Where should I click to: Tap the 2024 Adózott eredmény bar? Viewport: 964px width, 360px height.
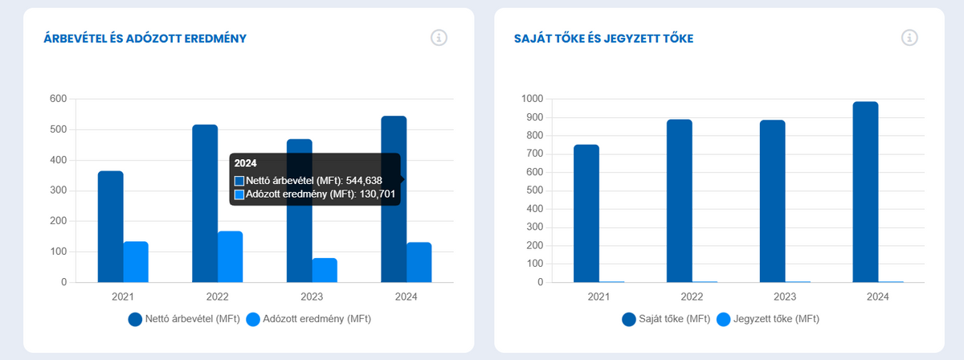(x=419, y=262)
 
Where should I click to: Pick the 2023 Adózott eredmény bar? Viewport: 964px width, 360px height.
(x=325, y=270)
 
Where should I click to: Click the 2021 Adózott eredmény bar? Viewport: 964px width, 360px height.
(x=136, y=262)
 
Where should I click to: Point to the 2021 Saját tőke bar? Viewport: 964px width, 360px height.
(x=586, y=213)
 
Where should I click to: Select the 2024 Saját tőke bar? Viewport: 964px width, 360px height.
(x=865, y=192)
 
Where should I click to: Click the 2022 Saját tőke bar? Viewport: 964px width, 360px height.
(x=679, y=201)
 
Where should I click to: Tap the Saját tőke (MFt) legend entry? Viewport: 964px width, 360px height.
(x=666, y=319)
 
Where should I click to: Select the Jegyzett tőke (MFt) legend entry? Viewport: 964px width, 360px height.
(x=767, y=319)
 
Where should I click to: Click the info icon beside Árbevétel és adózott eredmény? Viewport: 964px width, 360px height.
(x=439, y=38)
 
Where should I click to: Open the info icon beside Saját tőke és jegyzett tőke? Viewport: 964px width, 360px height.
(x=909, y=38)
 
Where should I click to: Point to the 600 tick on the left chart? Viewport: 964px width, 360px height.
(x=58, y=99)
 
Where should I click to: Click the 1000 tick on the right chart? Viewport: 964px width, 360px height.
(x=532, y=99)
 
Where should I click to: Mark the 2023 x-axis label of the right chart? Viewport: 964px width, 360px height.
(x=772, y=296)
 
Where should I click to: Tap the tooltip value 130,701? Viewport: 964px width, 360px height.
(x=374, y=194)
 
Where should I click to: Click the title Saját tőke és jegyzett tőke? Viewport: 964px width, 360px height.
(x=603, y=38)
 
